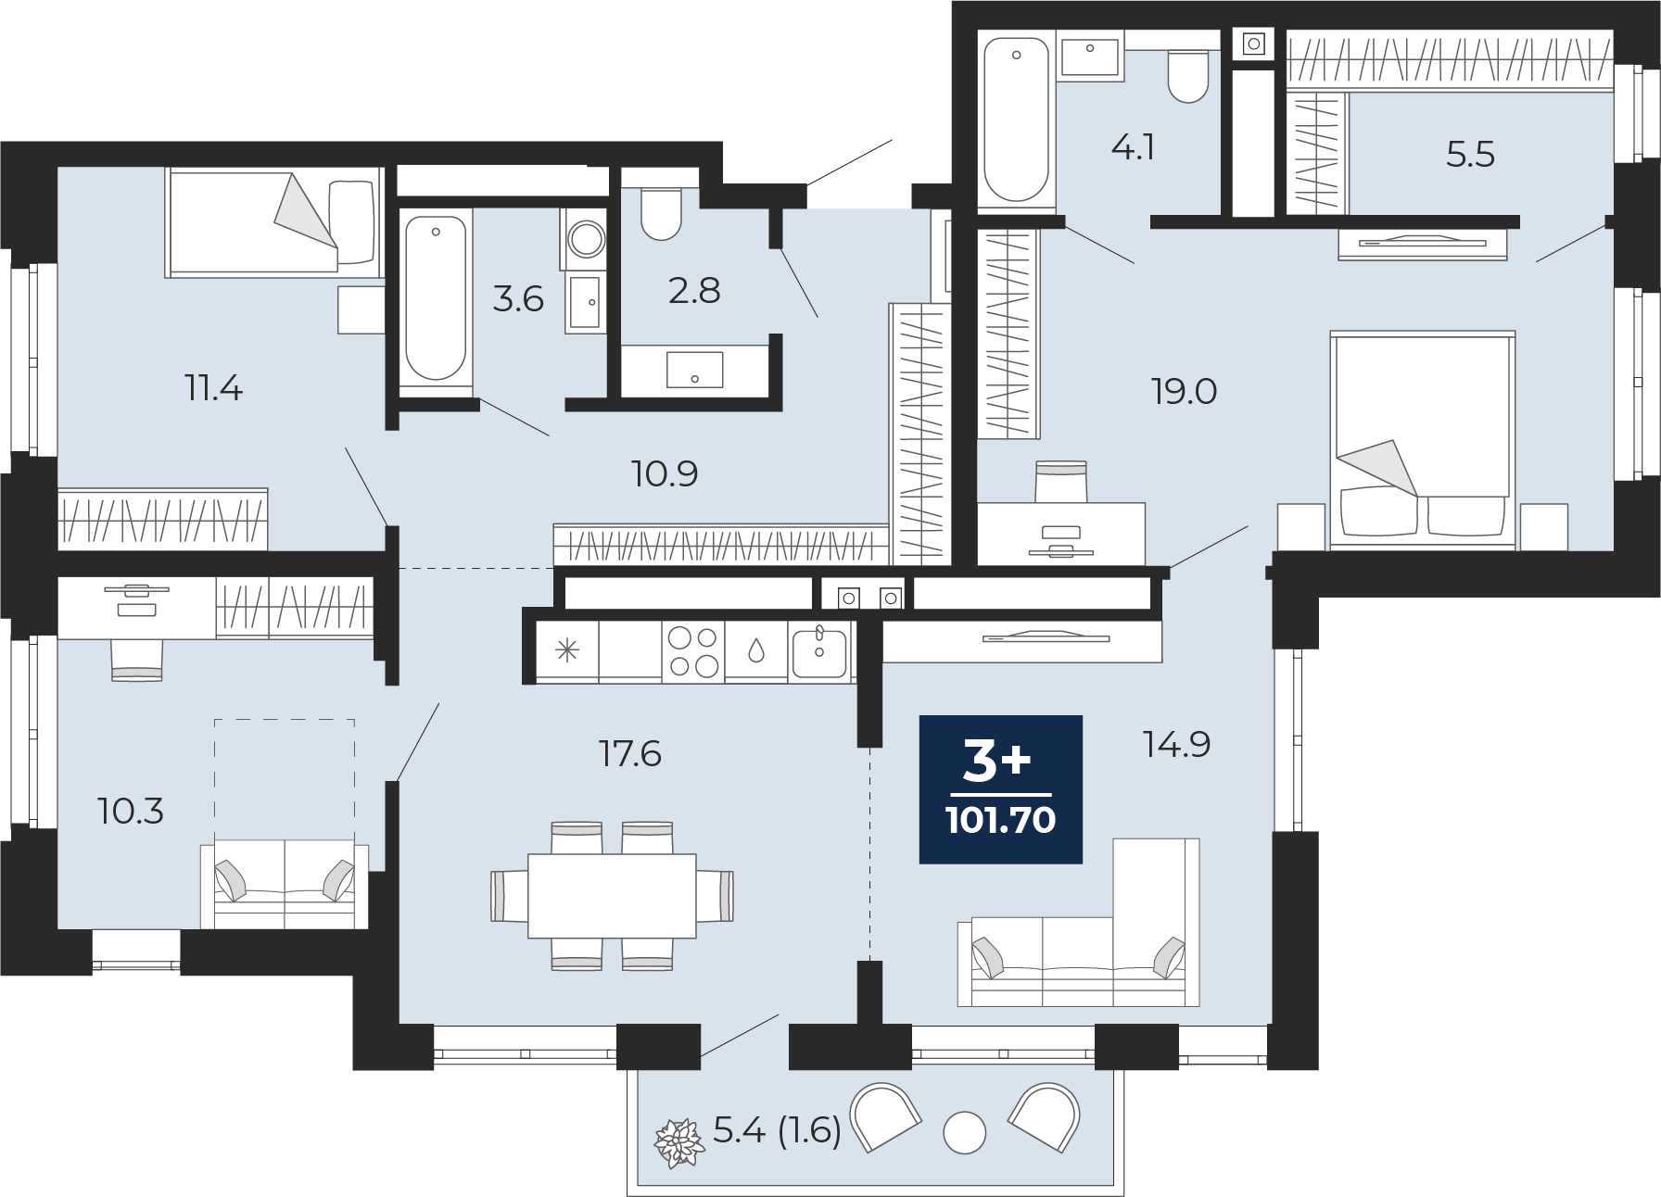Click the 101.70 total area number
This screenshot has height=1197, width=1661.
[1001, 820]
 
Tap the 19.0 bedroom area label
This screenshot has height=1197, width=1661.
[1184, 392]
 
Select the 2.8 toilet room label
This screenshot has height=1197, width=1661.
[694, 291]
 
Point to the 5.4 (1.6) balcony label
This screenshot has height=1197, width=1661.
[777, 1130]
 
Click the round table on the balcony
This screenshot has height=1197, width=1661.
[964, 1132]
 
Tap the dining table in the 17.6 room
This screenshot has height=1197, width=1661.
[612, 895]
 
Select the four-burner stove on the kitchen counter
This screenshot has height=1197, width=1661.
[693, 651]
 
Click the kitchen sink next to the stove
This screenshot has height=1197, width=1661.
[819, 651]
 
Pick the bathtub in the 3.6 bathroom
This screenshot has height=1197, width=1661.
[436, 298]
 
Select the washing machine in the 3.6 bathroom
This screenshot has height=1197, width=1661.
[585, 239]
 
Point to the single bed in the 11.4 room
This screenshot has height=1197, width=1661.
[274, 222]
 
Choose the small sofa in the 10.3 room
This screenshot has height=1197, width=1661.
[285, 885]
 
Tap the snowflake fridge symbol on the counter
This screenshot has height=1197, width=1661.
[567, 650]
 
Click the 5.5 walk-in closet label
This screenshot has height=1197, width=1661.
[1470, 155]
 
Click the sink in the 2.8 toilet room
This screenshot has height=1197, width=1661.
[694, 370]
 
